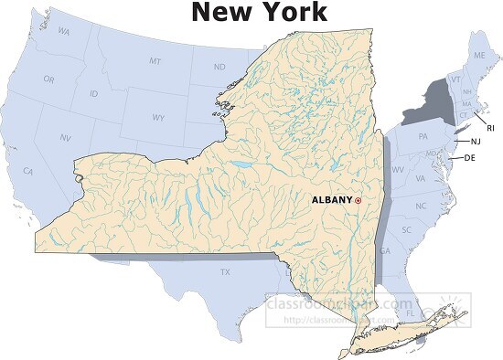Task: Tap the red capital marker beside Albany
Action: tap(359, 200)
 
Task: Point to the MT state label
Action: tap(155, 60)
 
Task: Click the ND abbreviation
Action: tap(219, 67)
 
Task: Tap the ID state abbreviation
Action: tap(94, 94)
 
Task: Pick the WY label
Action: tap(159, 118)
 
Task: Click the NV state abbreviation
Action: tap(66, 137)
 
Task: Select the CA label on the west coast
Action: tap(28, 171)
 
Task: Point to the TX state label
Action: tap(224, 272)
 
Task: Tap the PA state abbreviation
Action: tap(423, 136)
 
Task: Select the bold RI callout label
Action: tap(490, 127)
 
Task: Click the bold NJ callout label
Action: tap(476, 142)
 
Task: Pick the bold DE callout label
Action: tap(470, 158)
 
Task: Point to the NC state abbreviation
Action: tap(421, 206)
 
